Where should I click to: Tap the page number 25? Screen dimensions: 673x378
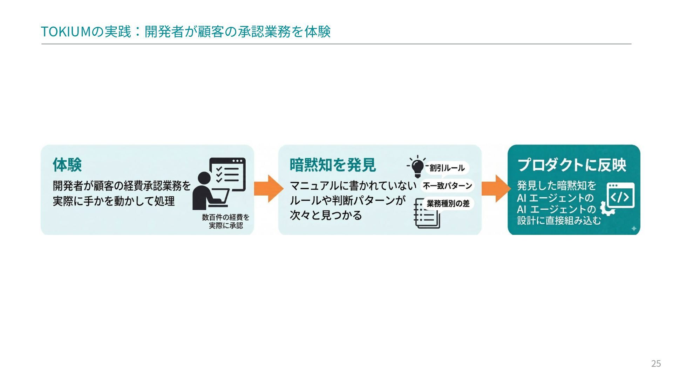656,364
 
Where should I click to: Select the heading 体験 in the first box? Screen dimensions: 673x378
67,165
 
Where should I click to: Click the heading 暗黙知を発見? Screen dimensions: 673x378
332,165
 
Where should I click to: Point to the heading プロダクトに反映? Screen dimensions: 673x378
572,165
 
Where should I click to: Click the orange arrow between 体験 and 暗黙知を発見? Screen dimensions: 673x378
268,189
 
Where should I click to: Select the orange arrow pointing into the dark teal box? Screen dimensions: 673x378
496,189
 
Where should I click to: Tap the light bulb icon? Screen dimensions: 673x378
417,167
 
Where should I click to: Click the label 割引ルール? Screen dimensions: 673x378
447,168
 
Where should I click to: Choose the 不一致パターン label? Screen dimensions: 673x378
447,185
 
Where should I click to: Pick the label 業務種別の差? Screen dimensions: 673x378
448,203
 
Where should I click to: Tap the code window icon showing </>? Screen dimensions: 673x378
620,196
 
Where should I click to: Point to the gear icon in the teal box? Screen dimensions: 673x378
607,209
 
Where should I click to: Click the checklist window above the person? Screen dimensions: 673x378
227,174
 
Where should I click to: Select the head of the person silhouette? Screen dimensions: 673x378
204,177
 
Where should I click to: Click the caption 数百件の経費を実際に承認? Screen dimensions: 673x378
225,222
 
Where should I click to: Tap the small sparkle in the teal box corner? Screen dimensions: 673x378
634,229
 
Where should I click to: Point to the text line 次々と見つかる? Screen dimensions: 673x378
326,215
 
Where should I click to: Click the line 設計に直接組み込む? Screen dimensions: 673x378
559,220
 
